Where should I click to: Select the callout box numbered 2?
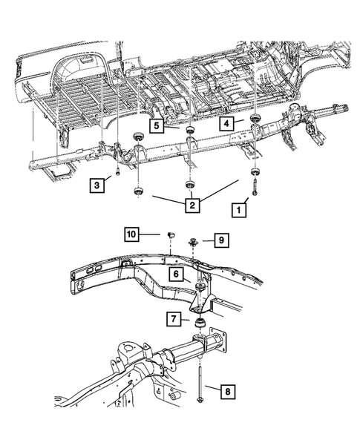(192, 203)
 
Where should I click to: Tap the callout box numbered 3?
(96, 183)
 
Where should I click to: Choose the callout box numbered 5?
(157, 126)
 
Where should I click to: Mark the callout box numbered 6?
(176, 274)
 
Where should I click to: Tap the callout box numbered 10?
(131, 235)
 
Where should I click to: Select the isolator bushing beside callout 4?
(255, 120)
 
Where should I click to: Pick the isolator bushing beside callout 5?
(190, 131)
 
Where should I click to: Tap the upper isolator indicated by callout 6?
(200, 288)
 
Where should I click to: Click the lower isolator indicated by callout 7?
(199, 324)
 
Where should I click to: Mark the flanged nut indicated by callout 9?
(192, 240)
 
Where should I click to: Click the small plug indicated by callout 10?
(170, 234)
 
